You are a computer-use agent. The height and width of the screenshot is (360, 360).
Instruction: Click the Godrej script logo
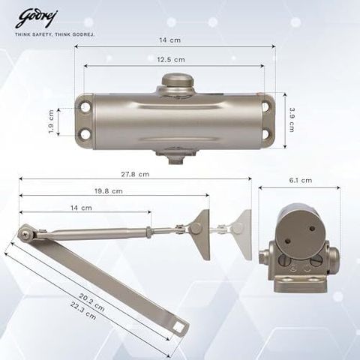tap(36, 19)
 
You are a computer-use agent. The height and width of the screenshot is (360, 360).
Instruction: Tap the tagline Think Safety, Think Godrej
tap(55, 34)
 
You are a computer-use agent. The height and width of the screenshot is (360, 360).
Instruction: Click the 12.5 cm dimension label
tap(171, 60)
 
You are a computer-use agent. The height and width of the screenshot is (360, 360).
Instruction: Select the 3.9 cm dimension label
tap(292, 120)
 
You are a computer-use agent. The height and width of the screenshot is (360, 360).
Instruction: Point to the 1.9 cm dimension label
tap(51, 121)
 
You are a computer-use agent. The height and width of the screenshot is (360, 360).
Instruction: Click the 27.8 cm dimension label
tap(135, 174)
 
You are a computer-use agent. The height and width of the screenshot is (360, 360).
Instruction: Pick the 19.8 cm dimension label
tap(109, 191)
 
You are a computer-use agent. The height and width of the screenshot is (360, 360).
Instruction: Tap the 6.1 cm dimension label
tap(301, 180)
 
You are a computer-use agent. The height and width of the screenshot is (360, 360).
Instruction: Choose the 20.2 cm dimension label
tap(91, 302)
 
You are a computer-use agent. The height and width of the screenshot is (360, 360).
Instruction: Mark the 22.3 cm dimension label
tap(83, 310)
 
